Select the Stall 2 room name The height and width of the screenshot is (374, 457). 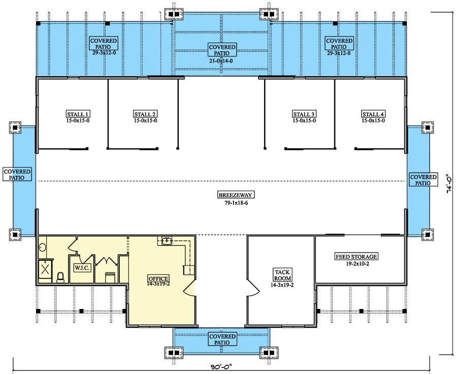point(145,114)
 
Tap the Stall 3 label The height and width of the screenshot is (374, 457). point(304,114)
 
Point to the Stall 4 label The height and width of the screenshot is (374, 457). point(373,114)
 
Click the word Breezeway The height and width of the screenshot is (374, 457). point(235,195)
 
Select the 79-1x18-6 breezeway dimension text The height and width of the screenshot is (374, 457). point(235,202)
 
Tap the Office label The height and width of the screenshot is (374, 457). point(158,278)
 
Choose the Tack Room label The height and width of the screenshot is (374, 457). point(281,275)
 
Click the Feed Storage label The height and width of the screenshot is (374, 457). point(356,257)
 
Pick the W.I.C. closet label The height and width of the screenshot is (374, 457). point(82,267)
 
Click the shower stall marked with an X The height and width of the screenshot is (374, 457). point(45,268)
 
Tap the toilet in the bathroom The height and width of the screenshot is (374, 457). point(60,276)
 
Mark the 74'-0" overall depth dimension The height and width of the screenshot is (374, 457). point(449,184)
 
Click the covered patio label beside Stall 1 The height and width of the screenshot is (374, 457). point(17,175)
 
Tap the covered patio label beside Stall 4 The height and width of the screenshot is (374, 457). point(423,180)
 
